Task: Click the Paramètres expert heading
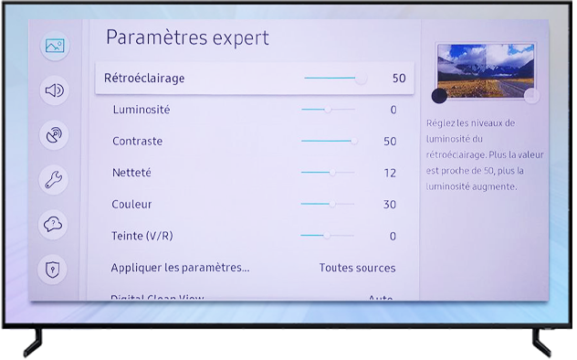(x=187, y=37)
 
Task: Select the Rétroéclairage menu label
(x=144, y=79)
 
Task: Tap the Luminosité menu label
(x=141, y=110)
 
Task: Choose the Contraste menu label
(x=137, y=142)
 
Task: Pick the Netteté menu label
(x=131, y=173)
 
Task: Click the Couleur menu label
(x=131, y=205)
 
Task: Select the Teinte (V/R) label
(x=142, y=237)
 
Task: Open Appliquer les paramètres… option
(x=180, y=268)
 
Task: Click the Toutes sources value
(x=357, y=268)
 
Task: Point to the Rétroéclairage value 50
(x=399, y=79)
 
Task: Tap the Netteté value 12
(x=390, y=173)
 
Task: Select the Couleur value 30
(x=390, y=205)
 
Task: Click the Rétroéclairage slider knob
(x=362, y=79)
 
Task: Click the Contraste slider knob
(x=354, y=142)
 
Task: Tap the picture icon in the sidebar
(x=55, y=47)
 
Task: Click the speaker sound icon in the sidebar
(x=55, y=90)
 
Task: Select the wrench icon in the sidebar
(x=55, y=180)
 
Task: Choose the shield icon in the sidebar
(x=55, y=269)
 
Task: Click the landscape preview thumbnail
(x=484, y=70)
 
